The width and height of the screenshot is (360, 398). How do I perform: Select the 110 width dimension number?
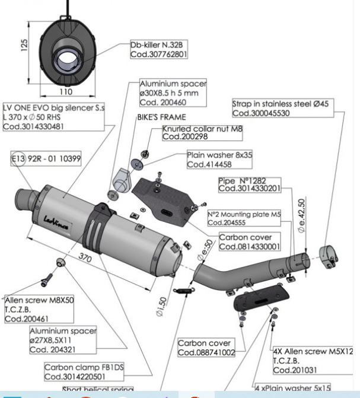pyautogui.click(x=65, y=92)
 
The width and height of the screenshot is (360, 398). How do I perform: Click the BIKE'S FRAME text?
pyautogui.click(x=161, y=117)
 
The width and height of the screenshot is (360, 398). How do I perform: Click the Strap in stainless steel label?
pyautogui.click(x=280, y=109)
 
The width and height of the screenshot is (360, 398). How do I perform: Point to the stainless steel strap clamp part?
pyautogui.click(x=327, y=254)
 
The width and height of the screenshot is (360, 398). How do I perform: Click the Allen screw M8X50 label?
pyautogui.click(x=39, y=309)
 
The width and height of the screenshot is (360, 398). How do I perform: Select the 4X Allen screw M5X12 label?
pyautogui.click(x=313, y=361)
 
